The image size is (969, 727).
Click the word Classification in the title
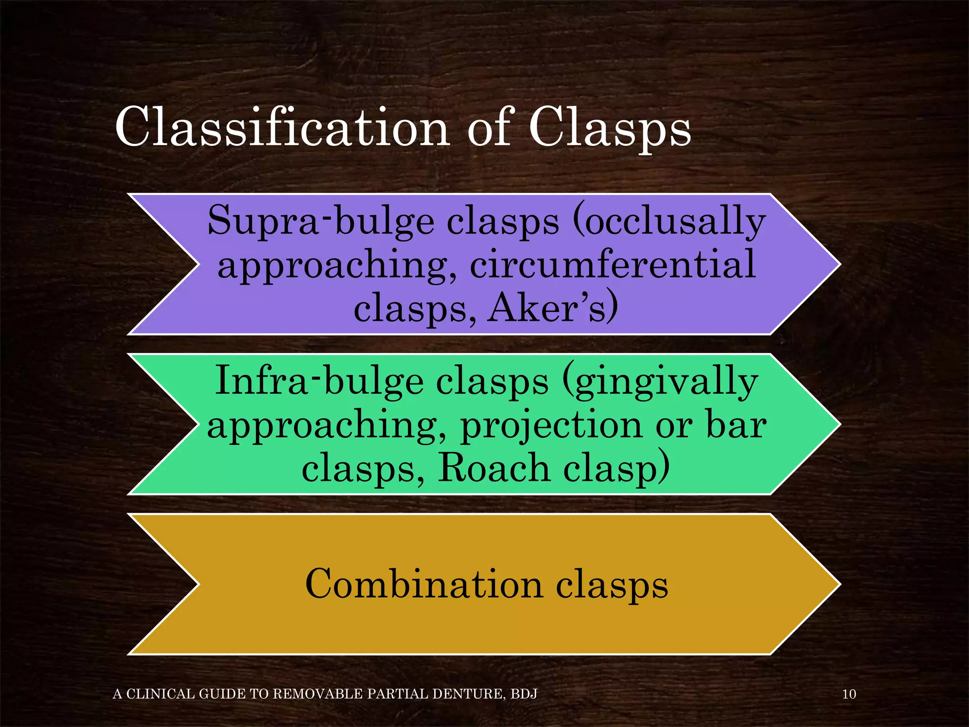[x=282, y=127]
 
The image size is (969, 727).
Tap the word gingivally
[x=660, y=381]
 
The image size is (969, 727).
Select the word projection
[x=551, y=425]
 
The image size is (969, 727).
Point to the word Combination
[x=424, y=584]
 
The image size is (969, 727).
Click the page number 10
[x=849, y=694]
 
